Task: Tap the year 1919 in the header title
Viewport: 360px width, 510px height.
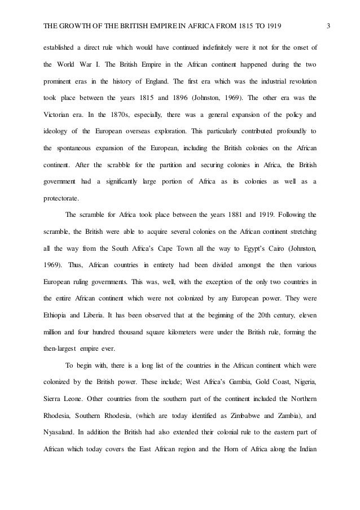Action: pos(272,25)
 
